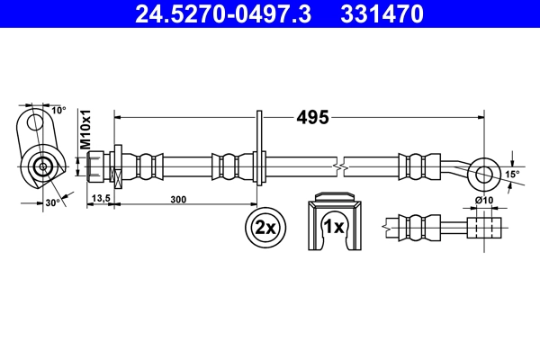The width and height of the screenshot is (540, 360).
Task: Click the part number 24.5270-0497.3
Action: point(223,14)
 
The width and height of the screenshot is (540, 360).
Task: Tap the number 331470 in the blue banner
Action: point(382,14)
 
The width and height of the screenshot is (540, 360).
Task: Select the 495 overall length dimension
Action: point(312,118)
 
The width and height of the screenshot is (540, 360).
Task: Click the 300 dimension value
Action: point(178,200)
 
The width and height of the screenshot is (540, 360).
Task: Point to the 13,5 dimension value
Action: point(101,198)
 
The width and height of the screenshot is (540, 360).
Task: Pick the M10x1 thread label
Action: point(85,130)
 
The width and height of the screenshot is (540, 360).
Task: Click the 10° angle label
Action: point(58,110)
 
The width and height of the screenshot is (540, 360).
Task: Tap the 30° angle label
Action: point(53,202)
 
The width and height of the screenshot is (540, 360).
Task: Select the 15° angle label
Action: point(512,175)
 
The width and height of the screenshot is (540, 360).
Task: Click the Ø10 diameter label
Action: point(484,200)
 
